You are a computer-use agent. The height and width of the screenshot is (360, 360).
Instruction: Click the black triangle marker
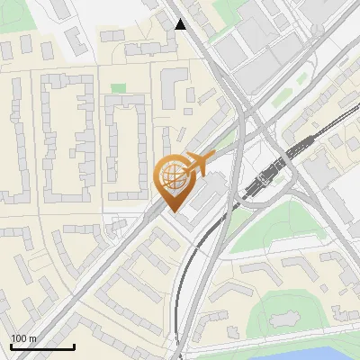(x=181, y=24)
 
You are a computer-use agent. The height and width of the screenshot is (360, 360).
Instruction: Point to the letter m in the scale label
(x=33, y=338)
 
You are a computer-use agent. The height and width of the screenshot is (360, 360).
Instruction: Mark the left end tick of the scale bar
(x=10, y=346)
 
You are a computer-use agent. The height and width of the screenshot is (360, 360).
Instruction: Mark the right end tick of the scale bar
(x=74, y=346)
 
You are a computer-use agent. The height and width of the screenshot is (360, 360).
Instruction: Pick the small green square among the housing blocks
(x=119, y=88)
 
